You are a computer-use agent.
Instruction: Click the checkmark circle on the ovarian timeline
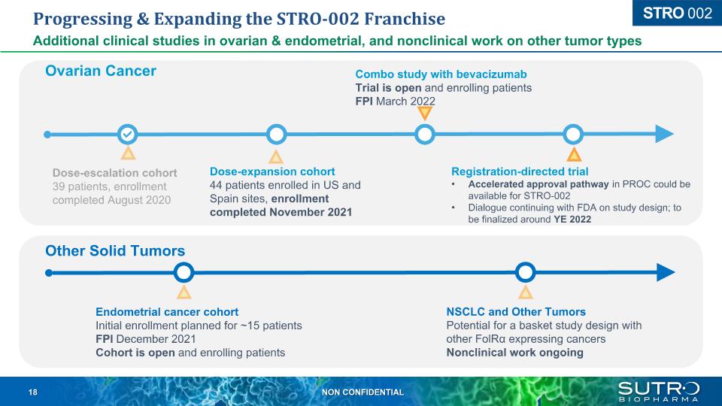click(128, 135)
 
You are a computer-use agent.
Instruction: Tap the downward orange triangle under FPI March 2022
click(424, 114)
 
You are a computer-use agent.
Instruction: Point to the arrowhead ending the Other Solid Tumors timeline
click(666, 272)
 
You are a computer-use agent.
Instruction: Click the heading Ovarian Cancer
click(100, 71)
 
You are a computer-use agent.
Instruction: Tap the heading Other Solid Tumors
click(115, 251)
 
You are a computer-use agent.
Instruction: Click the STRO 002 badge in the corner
click(678, 13)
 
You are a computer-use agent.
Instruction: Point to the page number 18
click(32, 392)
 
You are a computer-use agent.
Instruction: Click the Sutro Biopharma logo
click(659, 391)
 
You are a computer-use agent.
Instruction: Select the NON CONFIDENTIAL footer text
click(363, 392)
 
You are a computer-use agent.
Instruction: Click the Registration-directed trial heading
click(520, 171)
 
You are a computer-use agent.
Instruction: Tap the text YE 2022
click(572, 220)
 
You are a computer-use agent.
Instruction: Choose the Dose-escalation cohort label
click(114, 173)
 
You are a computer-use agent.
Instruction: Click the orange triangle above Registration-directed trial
click(574, 154)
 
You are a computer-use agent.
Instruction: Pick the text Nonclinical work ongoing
click(514, 353)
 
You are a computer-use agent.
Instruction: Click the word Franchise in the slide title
click(405, 19)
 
